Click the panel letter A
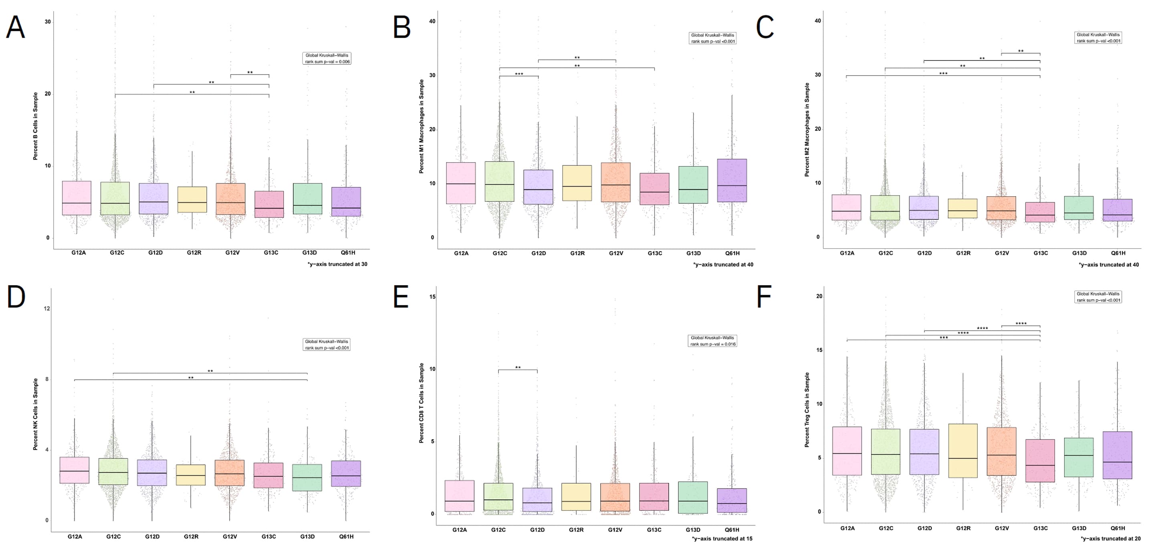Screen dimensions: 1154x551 coord(15,27)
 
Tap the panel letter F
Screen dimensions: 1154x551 coord(764,297)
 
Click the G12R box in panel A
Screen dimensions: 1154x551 coord(192,200)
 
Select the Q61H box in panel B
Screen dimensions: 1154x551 coord(732,180)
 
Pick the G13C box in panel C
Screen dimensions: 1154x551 coord(1040,212)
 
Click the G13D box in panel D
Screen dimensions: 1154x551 coord(307,478)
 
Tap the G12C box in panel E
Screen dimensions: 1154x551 coord(498,497)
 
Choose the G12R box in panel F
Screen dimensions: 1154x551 coord(963,451)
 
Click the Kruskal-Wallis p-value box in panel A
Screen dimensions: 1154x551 coord(327,58)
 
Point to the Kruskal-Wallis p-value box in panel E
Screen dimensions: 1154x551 coord(712,341)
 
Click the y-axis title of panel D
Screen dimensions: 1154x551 coord(35,414)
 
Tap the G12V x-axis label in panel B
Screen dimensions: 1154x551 coord(616,253)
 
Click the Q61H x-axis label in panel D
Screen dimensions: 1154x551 coord(346,536)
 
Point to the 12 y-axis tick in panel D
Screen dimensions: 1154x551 coord(46,308)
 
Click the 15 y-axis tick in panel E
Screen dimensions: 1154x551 coord(432,296)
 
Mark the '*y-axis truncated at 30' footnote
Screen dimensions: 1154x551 coord(337,264)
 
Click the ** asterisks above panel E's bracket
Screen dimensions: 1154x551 coord(518,368)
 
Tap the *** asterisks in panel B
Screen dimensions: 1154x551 coord(519,74)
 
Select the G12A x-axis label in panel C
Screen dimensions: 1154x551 coord(847,253)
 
